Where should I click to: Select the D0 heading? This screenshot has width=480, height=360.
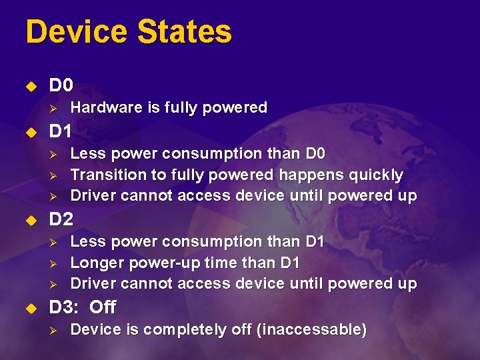[61, 85]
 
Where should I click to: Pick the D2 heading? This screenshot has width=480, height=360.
[61, 219]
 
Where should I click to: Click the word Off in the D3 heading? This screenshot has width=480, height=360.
[102, 307]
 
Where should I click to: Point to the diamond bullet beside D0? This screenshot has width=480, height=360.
[29, 86]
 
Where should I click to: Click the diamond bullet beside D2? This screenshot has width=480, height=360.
[29, 219]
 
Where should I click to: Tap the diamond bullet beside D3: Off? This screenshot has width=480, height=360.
[29, 308]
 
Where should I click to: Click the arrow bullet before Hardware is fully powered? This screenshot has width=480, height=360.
[57, 108]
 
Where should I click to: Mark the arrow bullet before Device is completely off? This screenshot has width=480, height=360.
[57, 330]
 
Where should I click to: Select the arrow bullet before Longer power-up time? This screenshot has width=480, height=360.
[57, 263]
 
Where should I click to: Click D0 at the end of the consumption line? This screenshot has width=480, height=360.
[314, 153]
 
